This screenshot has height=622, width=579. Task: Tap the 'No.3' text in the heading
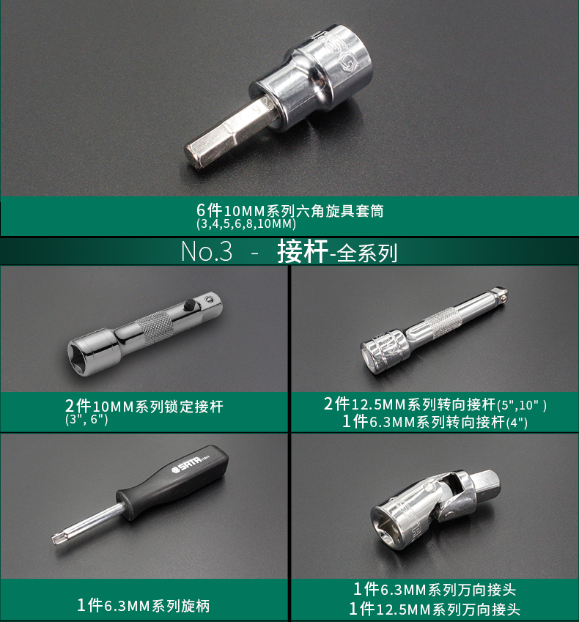click(207, 251)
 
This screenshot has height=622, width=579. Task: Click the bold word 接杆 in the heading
click(303, 251)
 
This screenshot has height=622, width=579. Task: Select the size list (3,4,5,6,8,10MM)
click(246, 223)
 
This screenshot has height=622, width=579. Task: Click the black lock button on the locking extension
click(190, 305)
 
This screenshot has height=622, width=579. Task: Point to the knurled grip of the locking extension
click(156, 327)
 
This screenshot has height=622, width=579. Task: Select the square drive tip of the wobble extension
click(500, 293)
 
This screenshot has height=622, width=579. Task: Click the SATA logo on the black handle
click(186, 467)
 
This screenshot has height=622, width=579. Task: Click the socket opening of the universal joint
click(387, 526)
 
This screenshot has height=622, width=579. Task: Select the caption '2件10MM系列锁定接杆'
click(144, 406)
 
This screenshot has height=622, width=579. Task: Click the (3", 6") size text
click(86, 420)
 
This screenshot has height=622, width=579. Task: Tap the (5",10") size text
click(522, 405)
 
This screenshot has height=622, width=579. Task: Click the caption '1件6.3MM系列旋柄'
click(143, 605)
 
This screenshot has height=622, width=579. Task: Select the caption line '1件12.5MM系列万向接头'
click(435, 609)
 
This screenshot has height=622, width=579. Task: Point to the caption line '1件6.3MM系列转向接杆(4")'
click(435, 422)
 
